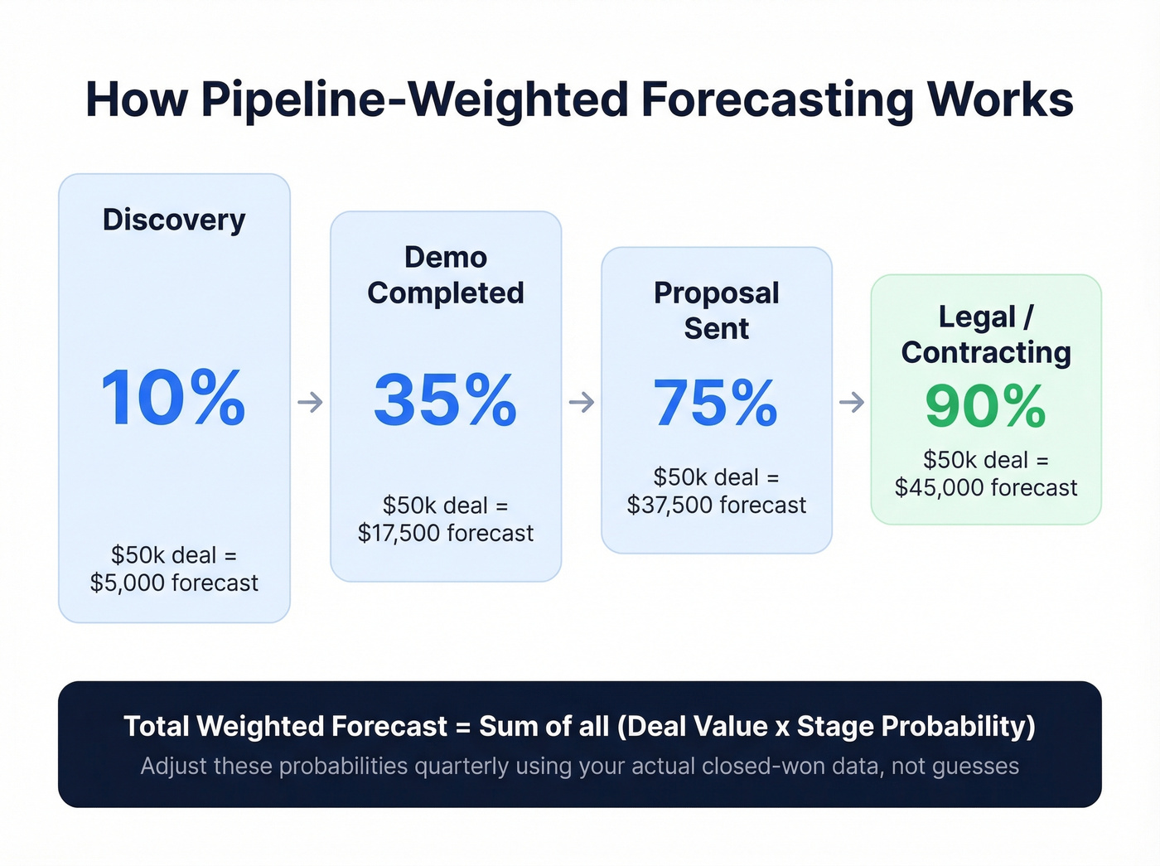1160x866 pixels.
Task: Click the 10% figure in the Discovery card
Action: [x=173, y=399]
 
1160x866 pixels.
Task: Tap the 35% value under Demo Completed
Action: [x=445, y=401]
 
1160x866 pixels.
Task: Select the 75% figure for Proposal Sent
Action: [x=716, y=404]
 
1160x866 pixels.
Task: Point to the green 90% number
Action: [x=985, y=406]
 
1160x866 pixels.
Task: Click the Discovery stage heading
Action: [x=174, y=220]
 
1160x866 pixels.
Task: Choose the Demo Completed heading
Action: [x=446, y=275]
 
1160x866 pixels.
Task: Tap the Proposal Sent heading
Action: [x=716, y=311]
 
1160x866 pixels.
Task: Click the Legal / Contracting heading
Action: [x=986, y=335]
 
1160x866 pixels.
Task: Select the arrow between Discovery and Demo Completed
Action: [x=311, y=403]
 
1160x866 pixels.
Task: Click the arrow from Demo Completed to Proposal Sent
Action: [x=582, y=403]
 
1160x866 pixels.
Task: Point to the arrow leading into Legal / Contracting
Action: [x=852, y=403]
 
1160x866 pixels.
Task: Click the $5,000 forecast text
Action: [x=174, y=583]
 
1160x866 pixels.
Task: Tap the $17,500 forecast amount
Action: [x=446, y=534]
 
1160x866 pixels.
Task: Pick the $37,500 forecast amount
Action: [x=716, y=506]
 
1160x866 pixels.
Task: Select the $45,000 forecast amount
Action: [x=986, y=488]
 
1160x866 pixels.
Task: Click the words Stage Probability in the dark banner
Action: [x=916, y=727]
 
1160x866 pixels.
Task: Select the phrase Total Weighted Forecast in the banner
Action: [x=285, y=727]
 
